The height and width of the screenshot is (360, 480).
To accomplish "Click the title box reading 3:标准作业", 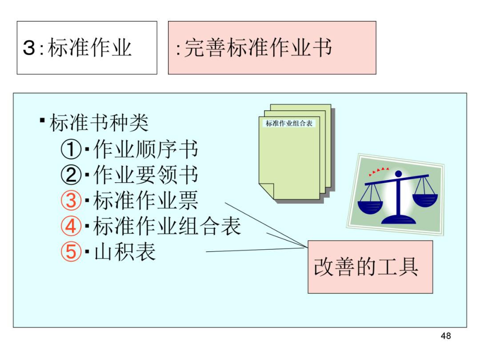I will [x=87, y=48].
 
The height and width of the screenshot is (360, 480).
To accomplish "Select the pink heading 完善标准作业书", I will [x=272, y=48].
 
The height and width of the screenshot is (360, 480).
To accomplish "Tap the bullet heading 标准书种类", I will [x=98, y=123].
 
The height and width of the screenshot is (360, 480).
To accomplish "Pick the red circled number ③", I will [x=71, y=201].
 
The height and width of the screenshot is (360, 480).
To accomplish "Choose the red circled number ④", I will [x=71, y=227].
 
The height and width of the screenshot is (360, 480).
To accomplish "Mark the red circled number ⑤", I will [x=71, y=252].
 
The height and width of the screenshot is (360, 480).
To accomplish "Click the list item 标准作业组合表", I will [x=167, y=227].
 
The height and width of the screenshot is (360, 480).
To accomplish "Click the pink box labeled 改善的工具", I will [x=370, y=267].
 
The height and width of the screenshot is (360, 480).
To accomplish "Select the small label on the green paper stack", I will [x=289, y=124].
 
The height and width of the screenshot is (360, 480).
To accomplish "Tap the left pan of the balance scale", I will [x=370, y=205].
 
